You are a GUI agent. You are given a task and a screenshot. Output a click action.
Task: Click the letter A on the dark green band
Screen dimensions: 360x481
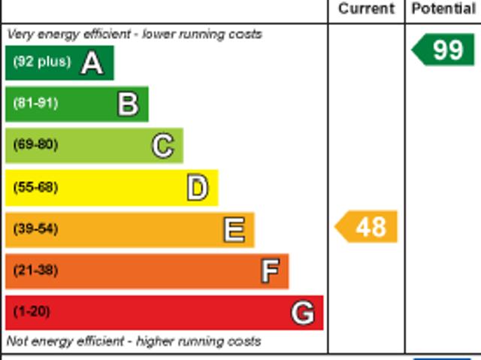(x=92, y=63)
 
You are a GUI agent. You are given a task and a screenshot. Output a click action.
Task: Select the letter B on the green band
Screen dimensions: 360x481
(x=128, y=104)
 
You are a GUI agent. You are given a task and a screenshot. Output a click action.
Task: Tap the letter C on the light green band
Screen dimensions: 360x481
(x=162, y=146)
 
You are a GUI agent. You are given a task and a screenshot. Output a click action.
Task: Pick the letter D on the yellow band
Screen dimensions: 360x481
(x=197, y=188)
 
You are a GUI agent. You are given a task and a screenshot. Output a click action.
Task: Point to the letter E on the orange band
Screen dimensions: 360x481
(x=234, y=229)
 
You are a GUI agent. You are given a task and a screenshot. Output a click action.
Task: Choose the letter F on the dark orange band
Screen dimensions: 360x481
(x=269, y=271)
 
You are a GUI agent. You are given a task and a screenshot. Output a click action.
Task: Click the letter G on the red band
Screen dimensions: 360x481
(x=303, y=312)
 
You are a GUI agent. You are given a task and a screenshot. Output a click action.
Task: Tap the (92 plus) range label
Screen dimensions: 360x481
(x=41, y=62)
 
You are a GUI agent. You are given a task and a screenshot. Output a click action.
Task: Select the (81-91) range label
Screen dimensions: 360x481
(x=35, y=104)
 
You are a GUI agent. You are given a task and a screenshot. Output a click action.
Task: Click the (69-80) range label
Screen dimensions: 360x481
(x=35, y=145)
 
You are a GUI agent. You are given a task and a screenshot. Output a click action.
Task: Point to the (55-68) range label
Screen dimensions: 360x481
(x=35, y=187)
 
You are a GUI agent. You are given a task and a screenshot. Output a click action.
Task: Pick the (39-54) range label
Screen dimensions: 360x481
(x=35, y=228)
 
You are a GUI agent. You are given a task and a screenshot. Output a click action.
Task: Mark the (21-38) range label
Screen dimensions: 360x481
(x=35, y=270)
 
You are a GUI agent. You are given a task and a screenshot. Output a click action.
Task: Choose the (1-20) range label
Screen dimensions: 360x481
(x=32, y=311)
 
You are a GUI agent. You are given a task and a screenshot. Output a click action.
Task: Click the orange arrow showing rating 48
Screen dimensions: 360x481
(x=367, y=227)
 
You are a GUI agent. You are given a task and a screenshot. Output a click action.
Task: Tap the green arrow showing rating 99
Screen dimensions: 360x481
(x=444, y=50)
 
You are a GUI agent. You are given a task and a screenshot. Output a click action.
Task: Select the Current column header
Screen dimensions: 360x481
(x=366, y=9)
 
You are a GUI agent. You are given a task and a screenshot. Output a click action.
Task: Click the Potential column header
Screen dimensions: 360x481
(x=443, y=9)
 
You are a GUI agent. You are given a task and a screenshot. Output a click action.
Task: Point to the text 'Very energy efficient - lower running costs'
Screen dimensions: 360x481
(x=135, y=34)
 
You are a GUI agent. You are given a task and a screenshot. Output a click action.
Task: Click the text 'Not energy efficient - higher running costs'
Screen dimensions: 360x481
(x=134, y=341)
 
